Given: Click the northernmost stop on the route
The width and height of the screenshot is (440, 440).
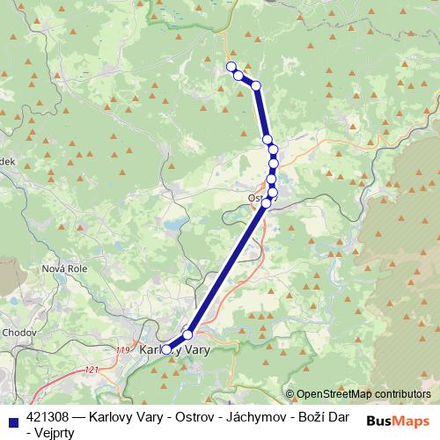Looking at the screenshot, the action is coord(231,67).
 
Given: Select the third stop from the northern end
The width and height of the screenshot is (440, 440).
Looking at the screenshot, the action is coord(256,85).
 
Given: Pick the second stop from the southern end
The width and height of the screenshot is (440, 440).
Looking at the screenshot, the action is coord(187,335).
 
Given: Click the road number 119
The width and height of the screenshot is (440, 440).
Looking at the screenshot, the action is coord(122,351).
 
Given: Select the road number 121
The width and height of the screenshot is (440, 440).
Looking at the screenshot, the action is coord(92,371).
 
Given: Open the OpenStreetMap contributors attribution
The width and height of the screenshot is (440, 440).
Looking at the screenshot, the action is coord(363,394).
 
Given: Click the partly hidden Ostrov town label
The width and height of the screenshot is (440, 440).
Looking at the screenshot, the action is coord(259,198).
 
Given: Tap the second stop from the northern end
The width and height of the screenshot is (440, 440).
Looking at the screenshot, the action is coord(239,77).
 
